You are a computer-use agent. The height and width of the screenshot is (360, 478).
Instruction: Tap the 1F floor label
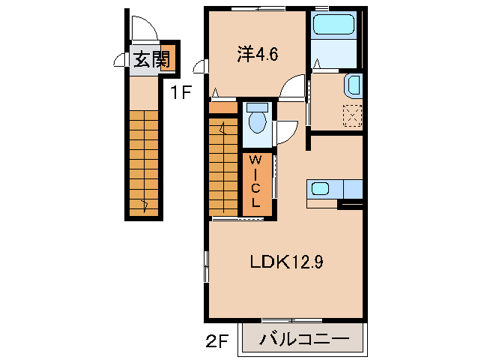point(181,93)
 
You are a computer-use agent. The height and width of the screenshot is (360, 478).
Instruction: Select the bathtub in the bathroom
point(335,28)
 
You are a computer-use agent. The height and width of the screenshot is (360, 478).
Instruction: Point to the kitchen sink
point(321,189)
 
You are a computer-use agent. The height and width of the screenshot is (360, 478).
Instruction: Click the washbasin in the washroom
point(352,86)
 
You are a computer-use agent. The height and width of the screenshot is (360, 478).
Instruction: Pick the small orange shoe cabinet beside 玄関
point(168,58)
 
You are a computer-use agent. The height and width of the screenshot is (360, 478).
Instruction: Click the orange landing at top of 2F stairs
point(223,108)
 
